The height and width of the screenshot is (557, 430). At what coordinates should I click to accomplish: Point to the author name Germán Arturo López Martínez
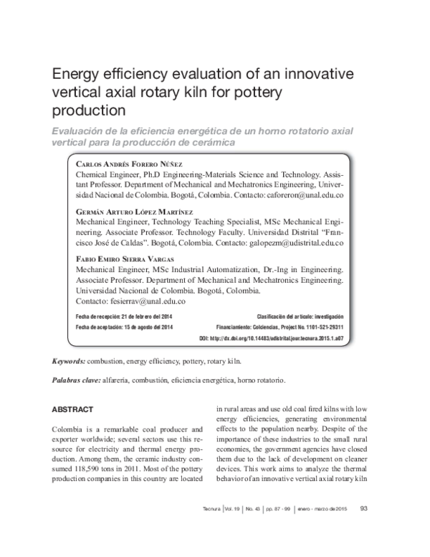coord(133,213)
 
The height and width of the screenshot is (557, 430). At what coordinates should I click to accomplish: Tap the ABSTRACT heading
coord(73,409)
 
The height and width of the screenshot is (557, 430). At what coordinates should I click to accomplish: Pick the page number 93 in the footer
coord(363,529)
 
